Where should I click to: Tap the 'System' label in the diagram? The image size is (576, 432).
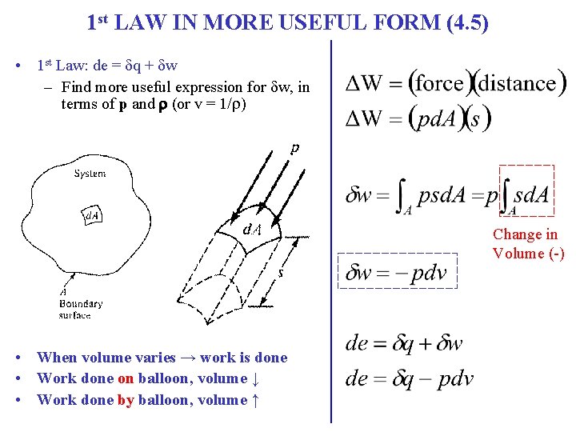(x=90, y=174)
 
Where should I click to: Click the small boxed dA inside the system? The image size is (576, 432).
(x=94, y=216)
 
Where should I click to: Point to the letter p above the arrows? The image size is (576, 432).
(x=295, y=147)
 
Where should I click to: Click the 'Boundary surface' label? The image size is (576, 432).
(x=80, y=309)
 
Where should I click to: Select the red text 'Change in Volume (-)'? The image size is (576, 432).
(x=528, y=244)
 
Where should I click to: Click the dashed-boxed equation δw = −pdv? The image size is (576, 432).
(x=397, y=273)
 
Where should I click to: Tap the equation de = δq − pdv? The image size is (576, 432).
(x=409, y=378)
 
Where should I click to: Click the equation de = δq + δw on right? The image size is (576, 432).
(x=404, y=344)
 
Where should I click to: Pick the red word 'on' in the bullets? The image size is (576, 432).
(x=126, y=378)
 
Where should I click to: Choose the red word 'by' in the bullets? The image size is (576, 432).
(x=125, y=400)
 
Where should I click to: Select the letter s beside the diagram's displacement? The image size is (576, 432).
(x=280, y=273)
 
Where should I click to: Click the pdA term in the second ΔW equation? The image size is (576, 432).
(x=435, y=118)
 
